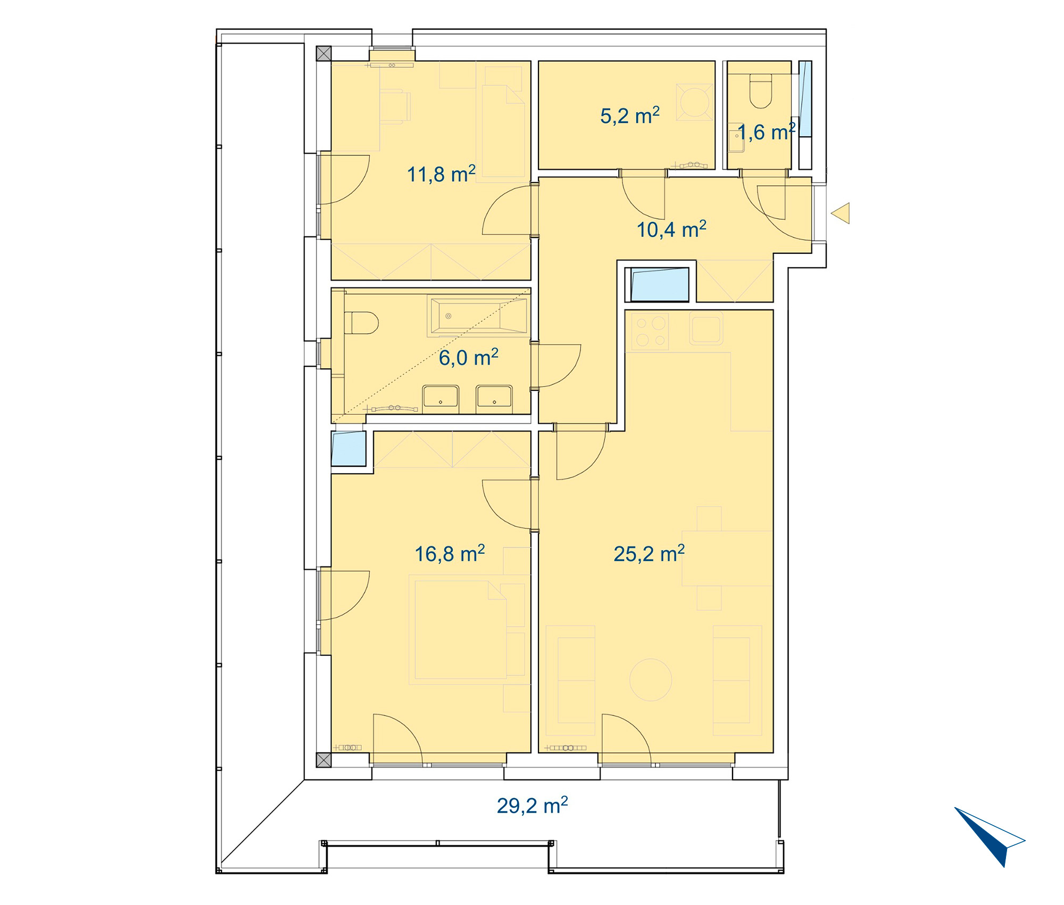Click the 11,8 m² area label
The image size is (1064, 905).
(x=441, y=174)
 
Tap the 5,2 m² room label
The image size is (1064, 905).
(x=630, y=116)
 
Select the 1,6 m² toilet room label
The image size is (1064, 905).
(x=766, y=132)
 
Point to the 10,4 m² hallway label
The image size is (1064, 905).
(x=671, y=229)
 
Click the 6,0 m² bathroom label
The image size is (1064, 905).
(x=468, y=357)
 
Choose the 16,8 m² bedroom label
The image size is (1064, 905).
(x=450, y=554)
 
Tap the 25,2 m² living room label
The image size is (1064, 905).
(x=649, y=554)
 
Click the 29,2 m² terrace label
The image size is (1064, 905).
(x=532, y=805)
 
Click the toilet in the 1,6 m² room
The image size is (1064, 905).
(x=761, y=91)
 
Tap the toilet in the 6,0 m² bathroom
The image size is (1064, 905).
(x=361, y=323)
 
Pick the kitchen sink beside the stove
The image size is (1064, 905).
(x=706, y=329)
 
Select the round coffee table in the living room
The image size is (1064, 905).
(x=651, y=680)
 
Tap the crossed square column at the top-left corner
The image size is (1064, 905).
(x=323, y=53)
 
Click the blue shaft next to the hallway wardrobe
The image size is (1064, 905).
(x=660, y=284)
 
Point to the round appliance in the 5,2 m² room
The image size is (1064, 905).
(x=695, y=101)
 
